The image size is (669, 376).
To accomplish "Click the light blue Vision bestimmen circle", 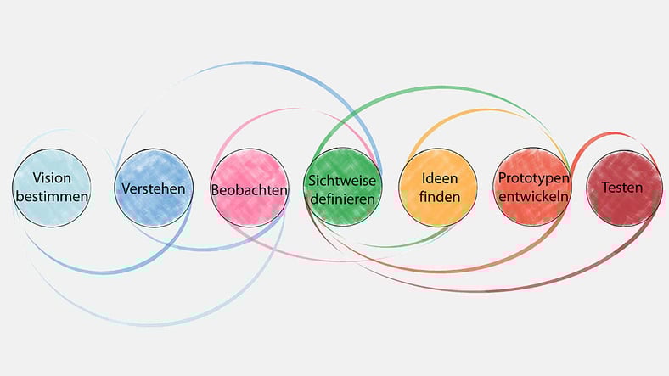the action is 52,188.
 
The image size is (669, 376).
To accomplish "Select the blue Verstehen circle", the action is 154,188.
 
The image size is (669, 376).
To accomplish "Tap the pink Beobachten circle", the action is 250,188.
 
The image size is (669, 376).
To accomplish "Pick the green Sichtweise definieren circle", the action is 343,187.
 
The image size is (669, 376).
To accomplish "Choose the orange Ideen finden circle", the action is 438,187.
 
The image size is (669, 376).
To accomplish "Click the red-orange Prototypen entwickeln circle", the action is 533,187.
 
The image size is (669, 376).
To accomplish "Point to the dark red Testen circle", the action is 624,188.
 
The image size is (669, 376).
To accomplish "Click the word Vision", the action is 52,177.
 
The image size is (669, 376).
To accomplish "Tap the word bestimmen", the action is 52,197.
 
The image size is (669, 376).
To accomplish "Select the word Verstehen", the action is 154,188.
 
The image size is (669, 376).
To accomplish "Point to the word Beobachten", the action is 249,190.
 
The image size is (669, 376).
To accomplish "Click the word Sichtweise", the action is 342,180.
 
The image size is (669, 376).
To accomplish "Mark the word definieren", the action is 343,199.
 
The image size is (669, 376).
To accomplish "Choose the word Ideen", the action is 440,178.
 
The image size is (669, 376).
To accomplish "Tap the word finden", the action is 440,197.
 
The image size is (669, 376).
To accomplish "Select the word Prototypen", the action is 534,178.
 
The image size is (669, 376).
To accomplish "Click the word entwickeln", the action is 534,196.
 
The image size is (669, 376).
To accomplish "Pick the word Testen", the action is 622,187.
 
